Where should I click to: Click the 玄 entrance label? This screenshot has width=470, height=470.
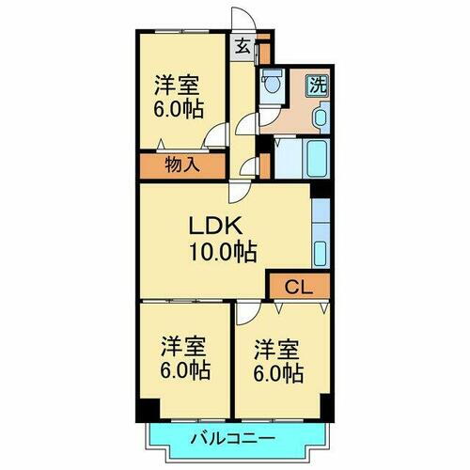click(243, 44)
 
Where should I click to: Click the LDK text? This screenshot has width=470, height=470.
click(221, 226)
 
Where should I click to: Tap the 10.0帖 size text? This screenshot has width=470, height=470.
click(222, 251)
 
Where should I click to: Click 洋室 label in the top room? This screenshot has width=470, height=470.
click(177, 82)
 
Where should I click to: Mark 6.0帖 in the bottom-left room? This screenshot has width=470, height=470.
click(183, 370)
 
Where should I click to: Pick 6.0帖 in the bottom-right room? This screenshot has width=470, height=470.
click(277, 374)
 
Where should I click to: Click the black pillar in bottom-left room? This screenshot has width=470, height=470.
click(146, 410)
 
